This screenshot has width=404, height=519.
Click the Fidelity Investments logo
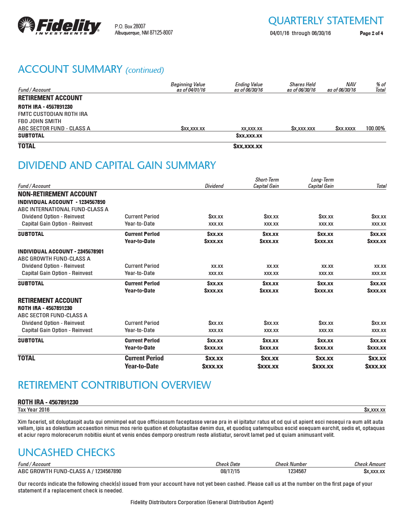tap(59, 26)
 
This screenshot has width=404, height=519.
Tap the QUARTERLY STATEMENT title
tap(325, 21)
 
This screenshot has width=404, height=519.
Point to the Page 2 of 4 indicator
tap(371, 33)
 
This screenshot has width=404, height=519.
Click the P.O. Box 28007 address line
tap(130, 27)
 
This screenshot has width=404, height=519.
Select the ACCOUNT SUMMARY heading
tap(70, 69)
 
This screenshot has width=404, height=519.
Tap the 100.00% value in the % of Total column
tap(375, 129)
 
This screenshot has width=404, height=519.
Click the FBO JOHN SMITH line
tap(40, 121)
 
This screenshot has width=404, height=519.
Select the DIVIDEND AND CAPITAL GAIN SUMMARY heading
tap(117, 165)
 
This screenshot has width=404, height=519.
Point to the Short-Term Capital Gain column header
tap(266, 183)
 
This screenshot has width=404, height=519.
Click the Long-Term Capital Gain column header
tap(321, 183)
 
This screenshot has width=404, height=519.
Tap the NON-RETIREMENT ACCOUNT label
tap(57, 194)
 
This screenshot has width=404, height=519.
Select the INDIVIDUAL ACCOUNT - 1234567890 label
tap(61, 202)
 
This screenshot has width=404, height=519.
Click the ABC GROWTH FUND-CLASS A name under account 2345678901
tap(54, 259)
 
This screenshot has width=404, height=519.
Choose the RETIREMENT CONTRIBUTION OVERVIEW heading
tap(114, 385)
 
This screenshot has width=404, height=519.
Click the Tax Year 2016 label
tap(34, 410)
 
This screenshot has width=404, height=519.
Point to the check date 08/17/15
tap(230, 471)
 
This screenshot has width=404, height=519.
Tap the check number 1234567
tap(297, 471)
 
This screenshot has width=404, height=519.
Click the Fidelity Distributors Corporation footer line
tap(202, 502)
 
